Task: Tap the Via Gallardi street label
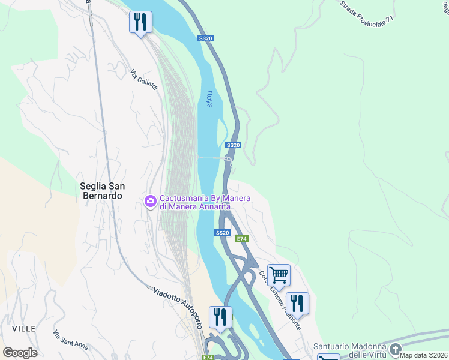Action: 144,80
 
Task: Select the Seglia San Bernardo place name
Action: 101,191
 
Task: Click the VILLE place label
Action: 23,329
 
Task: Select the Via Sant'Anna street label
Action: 70,339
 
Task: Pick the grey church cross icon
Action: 395,349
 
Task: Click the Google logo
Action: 20,353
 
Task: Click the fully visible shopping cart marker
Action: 279,275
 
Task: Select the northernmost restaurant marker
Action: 140,22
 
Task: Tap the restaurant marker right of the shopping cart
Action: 297,304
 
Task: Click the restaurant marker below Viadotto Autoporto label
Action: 220,317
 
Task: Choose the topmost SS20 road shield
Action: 205,38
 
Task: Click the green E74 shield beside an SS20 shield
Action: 241,239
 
